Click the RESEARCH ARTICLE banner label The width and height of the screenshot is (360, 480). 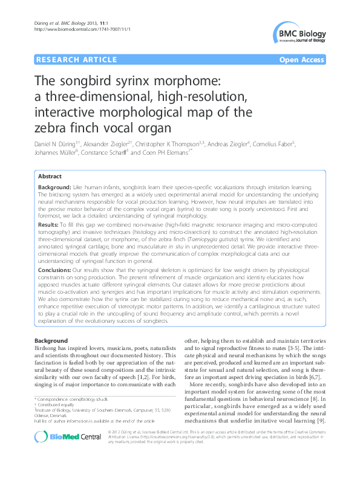coord(76,59)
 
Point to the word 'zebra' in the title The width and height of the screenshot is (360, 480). coord(51,128)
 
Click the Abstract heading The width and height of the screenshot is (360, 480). coord(50,176)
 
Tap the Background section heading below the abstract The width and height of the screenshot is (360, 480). coord(51,341)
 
